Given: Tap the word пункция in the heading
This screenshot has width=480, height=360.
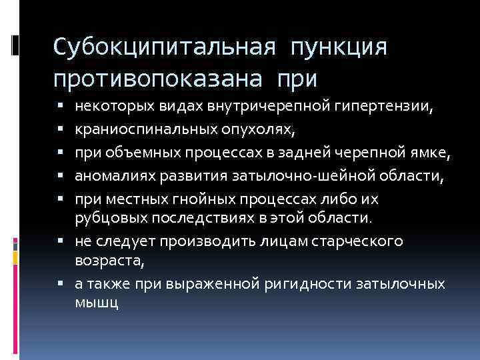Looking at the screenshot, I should tap(338, 47).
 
